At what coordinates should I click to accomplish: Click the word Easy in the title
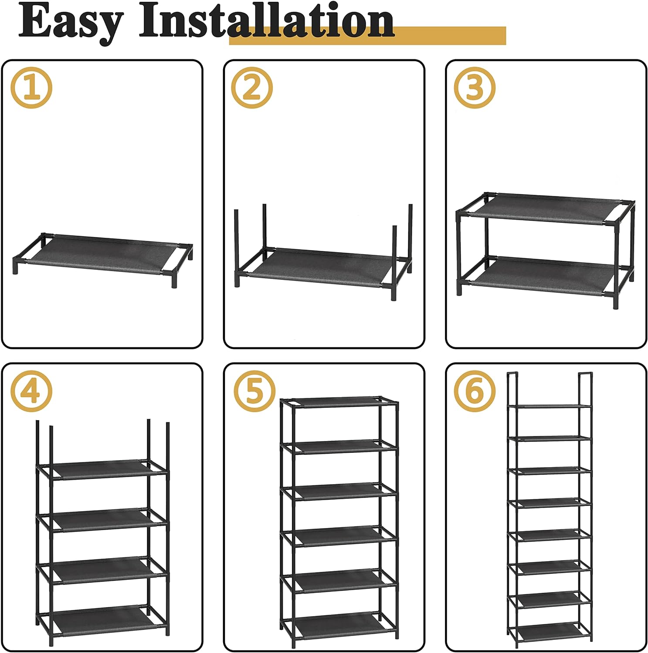[x=70, y=22]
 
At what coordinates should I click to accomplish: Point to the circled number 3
[x=475, y=88]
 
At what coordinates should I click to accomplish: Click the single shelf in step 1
[x=102, y=254]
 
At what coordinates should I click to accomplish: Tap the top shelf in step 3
[x=545, y=209]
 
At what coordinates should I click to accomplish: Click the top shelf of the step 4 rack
[x=103, y=469]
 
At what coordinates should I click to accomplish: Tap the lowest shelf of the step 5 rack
[x=339, y=622]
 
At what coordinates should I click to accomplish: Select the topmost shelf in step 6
[x=550, y=406]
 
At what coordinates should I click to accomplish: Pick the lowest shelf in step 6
[x=550, y=631]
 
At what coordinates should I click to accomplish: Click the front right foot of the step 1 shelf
[x=174, y=283]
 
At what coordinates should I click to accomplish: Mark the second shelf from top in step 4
[x=103, y=519]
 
